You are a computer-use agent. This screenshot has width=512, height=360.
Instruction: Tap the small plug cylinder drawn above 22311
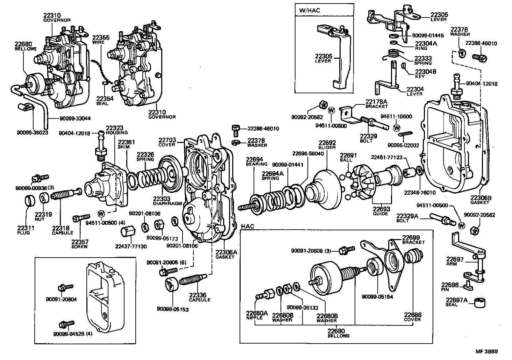click(29, 202)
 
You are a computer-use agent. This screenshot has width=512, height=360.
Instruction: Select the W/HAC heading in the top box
click(309, 10)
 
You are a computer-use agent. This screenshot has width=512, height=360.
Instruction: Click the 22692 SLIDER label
click(327, 145)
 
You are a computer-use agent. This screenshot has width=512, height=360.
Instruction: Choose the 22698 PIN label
click(449, 287)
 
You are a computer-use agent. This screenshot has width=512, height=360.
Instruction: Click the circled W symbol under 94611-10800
click(397, 127)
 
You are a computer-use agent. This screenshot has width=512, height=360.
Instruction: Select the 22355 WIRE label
click(100, 39)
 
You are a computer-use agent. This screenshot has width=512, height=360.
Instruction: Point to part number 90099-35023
click(32, 132)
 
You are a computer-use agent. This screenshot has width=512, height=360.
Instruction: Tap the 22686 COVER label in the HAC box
click(412, 317)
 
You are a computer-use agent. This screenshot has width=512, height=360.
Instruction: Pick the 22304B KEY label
click(425, 73)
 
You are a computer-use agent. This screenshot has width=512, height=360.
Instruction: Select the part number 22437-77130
click(131, 246)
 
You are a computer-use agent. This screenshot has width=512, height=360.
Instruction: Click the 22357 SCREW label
click(80, 244)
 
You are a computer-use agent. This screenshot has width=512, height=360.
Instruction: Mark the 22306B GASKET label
click(481, 200)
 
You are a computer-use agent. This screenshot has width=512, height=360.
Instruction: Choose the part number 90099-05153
click(173, 309)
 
